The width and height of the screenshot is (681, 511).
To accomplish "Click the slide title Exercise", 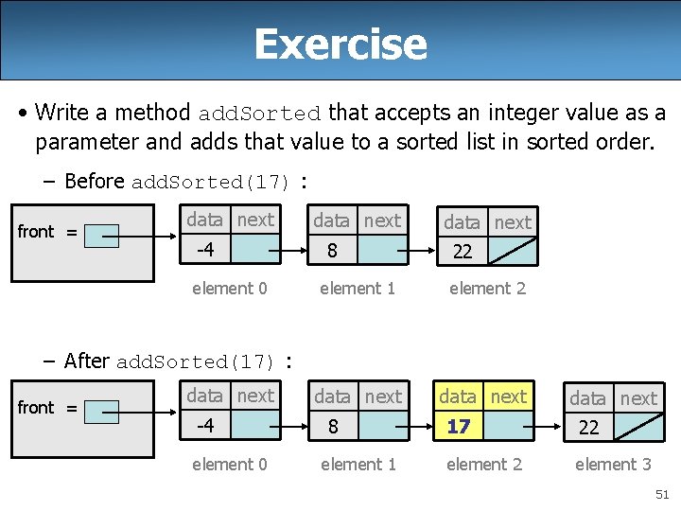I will coord(340,44).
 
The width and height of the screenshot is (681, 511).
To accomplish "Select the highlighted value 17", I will coord(459,427).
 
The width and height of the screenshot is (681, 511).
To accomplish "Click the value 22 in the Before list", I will coord(463,252).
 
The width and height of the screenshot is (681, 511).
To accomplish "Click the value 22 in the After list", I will coord(588,428).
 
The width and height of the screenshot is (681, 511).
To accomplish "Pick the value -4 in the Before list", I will coord(205,250).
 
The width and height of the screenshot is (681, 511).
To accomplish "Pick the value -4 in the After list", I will coord(204,426).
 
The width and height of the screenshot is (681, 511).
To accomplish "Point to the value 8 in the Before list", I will coord(332,251).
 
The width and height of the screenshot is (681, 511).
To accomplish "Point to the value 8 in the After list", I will coord(332,427).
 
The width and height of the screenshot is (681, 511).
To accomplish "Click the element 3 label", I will coord(613,464).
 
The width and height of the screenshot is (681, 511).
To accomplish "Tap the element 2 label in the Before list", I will coord(487,288).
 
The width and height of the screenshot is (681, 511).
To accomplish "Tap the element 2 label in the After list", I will coord(484,464).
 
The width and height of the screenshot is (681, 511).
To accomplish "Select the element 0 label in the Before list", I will coord(230,288).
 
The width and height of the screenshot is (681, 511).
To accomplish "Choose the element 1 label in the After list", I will coord(358,464).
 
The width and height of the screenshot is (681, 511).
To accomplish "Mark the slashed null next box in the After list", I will coord(637,427).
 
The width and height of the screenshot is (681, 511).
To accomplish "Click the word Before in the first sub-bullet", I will coord(95,181).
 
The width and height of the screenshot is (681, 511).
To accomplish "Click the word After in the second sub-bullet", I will coord(87,361).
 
